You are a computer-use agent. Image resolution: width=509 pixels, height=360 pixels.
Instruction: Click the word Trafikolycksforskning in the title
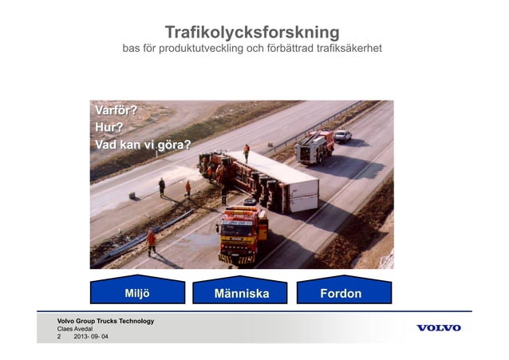point(251,33)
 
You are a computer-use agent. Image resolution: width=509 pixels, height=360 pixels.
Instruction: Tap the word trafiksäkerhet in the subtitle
point(345,49)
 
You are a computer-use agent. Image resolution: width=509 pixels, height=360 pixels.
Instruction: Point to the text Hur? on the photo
point(109,128)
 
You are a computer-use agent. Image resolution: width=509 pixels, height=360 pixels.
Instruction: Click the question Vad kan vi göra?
point(143,145)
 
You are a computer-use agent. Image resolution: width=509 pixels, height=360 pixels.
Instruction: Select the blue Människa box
point(241,293)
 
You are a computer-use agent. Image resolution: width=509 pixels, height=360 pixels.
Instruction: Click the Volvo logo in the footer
point(438,328)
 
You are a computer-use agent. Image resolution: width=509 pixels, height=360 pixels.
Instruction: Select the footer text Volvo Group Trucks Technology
point(105,321)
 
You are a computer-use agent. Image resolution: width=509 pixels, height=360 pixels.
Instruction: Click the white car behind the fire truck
point(342,136)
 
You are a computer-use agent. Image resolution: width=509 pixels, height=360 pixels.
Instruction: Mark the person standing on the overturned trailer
point(247,152)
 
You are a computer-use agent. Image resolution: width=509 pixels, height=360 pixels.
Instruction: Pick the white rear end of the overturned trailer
point(303,194)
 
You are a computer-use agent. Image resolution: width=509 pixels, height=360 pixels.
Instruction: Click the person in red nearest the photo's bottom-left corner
point(151,241)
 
